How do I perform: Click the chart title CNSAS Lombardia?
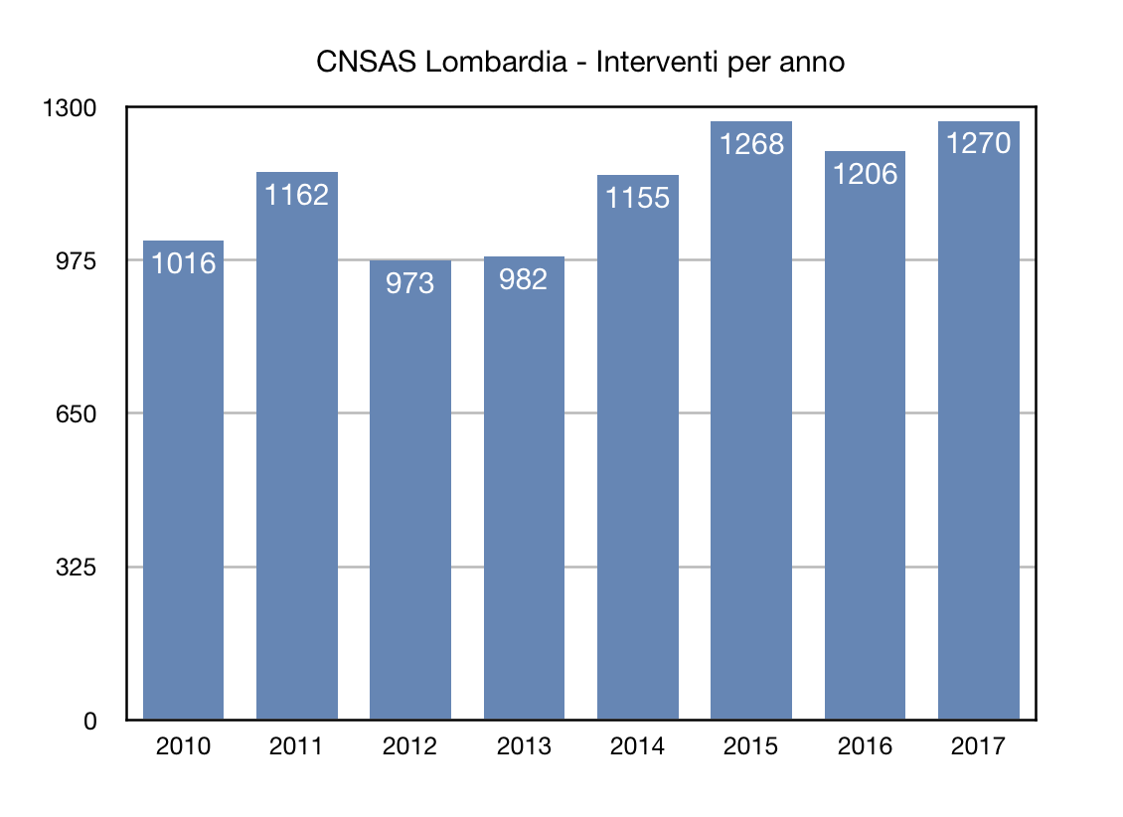[x=446, y=63]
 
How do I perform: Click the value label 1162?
[x=296, y=195]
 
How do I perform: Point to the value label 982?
[x=523, y=279]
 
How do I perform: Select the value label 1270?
[x=978, y=144]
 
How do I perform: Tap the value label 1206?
[x=865, y=174]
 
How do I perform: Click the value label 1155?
[x=637, y=198]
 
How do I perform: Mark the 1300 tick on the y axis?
[x=69, y=108]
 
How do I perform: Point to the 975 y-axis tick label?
[x=76, y=261]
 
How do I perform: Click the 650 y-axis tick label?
[x=76, y=414]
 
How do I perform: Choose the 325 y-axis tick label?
[x=76, y=568]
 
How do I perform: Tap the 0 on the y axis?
[x=89, y=722]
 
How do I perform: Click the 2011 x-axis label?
[x=296, y=746]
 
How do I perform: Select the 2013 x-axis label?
[x=523, y=746]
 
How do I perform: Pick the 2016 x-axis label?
[x=865, y=746]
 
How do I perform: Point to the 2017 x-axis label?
[x=978, y=746]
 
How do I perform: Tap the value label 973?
[x=409, y=283]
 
